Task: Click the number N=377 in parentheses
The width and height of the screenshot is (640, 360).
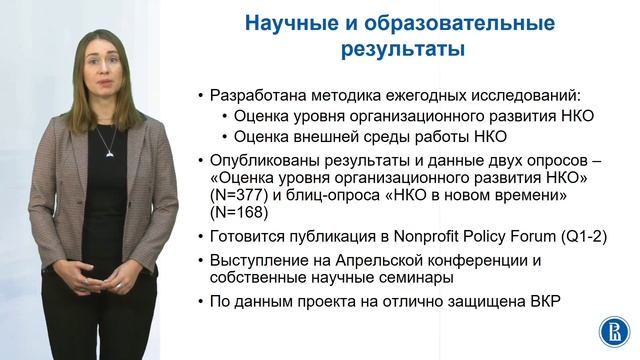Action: coord(239,194)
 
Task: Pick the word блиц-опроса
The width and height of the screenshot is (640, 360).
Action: coord(327,194)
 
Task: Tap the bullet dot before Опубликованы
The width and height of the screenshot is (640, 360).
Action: coord(201,159)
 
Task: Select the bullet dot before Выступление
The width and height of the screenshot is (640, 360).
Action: coord(201,262)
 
